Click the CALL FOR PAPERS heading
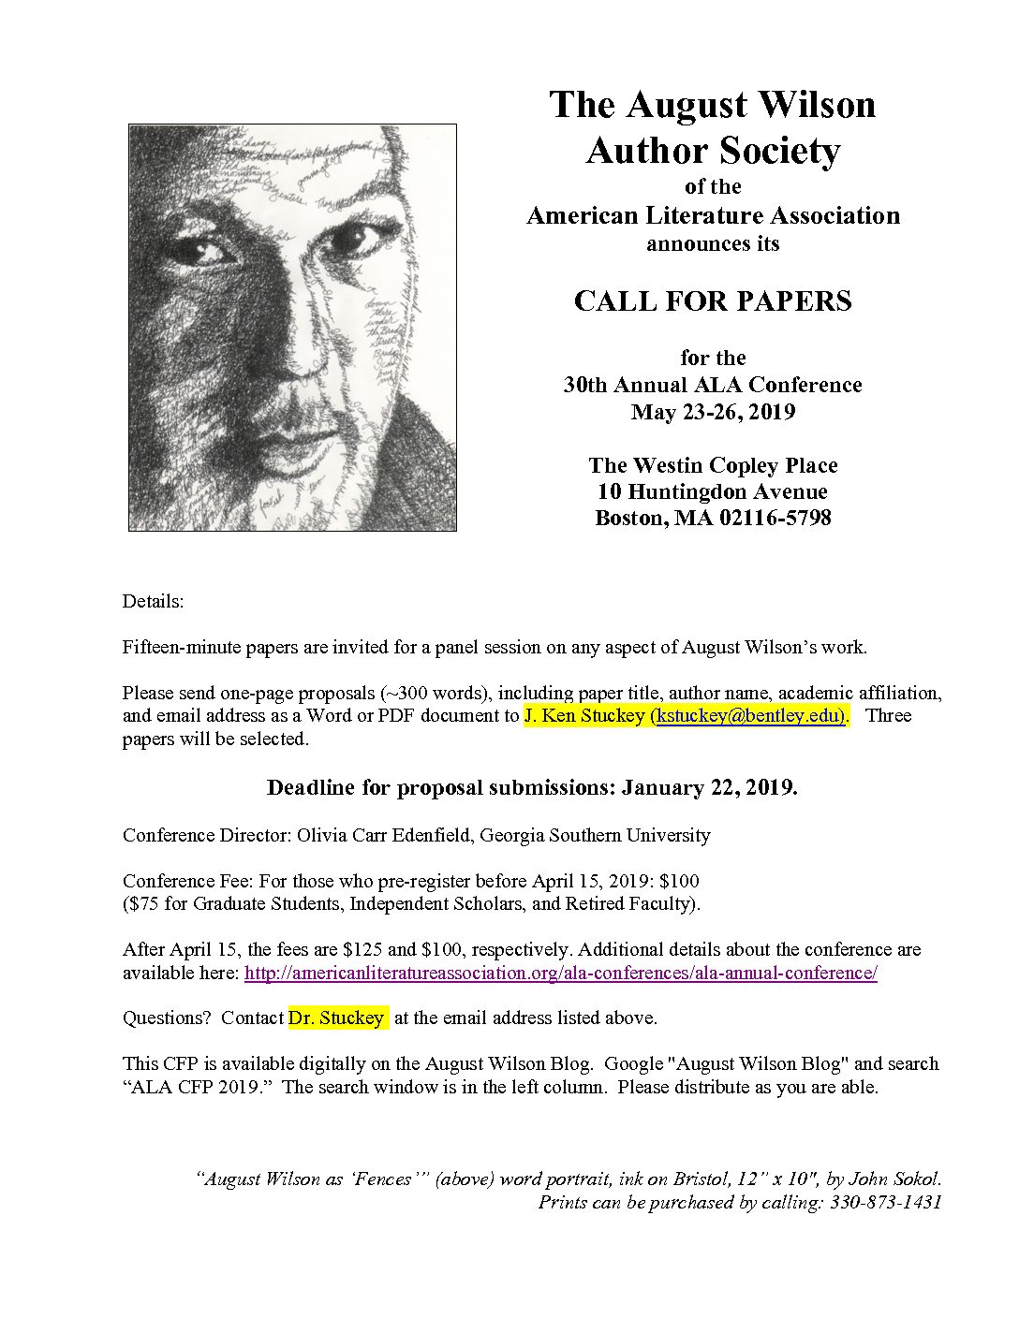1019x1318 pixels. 713,300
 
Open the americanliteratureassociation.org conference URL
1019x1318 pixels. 560,973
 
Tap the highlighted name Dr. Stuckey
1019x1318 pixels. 336,1018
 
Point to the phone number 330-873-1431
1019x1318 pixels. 885,1202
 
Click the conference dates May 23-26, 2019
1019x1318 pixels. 713,411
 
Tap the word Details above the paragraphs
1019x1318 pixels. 153,601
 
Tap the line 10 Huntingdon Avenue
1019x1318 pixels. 713,491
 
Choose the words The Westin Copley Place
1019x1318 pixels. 713,465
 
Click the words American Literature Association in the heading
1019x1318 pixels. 713,216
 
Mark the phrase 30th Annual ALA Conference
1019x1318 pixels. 713,384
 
